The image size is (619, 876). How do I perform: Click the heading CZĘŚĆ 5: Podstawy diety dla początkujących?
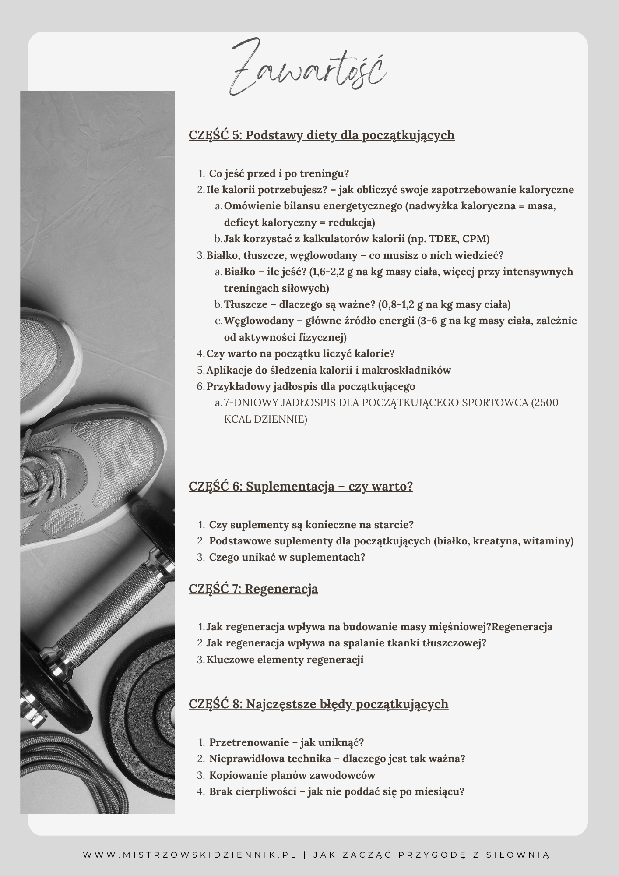pos(321,135)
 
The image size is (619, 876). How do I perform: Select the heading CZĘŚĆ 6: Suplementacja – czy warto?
pos(301,486)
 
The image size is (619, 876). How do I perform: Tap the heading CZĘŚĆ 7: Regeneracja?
pos(253,589)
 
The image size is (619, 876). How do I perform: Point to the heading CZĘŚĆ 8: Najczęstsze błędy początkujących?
pos(318,704)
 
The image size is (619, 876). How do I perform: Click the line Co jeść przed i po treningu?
pos(279,173)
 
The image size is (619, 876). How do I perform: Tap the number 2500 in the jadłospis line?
pos(545,403)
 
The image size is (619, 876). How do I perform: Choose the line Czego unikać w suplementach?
pos(287,557)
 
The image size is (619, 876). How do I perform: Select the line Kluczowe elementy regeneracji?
pos(285,660)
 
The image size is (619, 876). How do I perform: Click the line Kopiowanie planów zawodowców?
pos(292,775)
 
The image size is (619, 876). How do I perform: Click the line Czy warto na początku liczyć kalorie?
pos(300,353)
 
